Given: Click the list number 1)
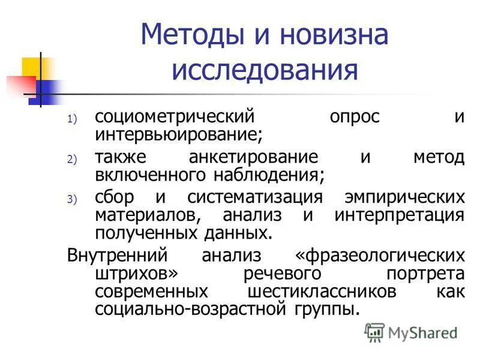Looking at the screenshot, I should pos(72,119).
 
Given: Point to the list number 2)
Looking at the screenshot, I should pos(72,160).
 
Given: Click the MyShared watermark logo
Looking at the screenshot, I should pos(412,331).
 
